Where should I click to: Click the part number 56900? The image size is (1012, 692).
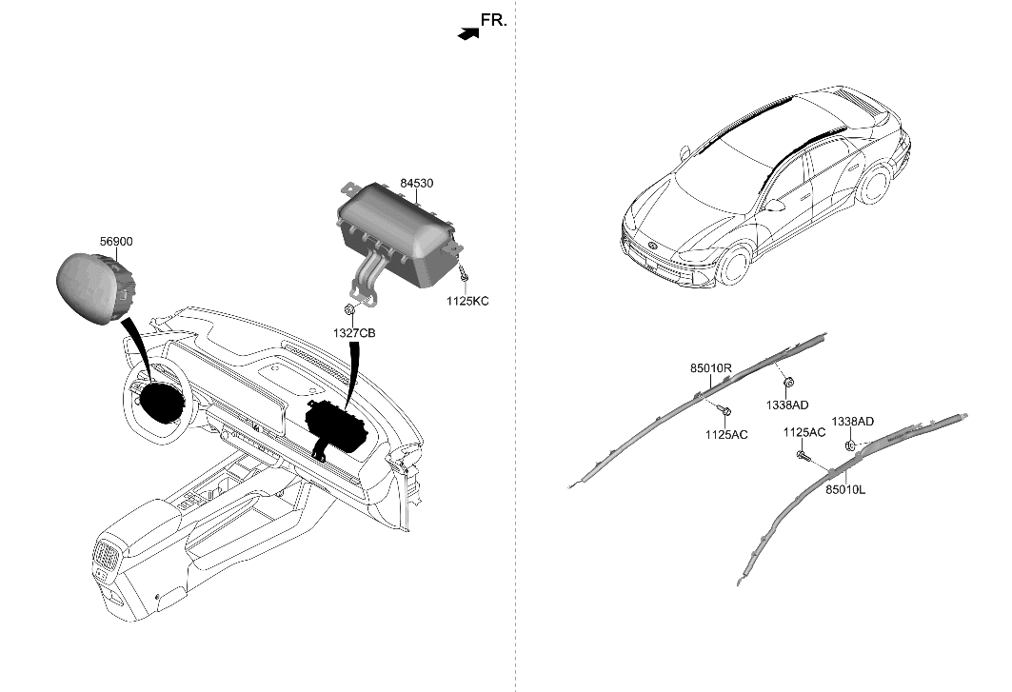[116, 243]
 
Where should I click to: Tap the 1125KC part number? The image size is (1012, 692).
[467, 301]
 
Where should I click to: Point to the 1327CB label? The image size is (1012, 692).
[353, 333]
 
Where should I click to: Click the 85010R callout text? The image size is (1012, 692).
[711, 367]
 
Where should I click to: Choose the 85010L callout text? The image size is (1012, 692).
[845, 489]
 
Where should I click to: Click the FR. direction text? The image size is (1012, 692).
[493, 19]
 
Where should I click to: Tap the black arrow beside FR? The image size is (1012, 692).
[466, 33]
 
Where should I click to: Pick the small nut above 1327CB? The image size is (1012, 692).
[350, 310]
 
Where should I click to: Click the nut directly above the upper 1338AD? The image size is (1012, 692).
[789, 383]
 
